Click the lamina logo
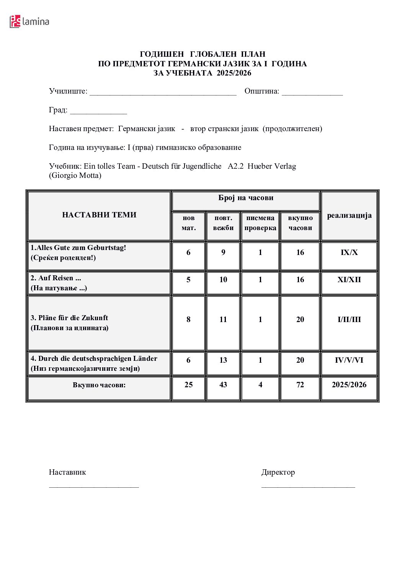[x=29, y=21]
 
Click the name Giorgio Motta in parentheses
[x=75, y=176]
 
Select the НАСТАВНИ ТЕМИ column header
[x=99, y=215]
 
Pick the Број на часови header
[x=246, y=198]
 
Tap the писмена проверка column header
[x=260, y=223]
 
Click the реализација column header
[x=349, y=215]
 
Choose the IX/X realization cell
[x=349, y=252]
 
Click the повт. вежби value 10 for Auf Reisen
[x=223, y=280]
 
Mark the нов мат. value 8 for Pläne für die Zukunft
[x=188, y=319]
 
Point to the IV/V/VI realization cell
[x=349, y=360]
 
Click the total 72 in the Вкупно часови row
[x=300, y=385]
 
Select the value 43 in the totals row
[x=223, y=385]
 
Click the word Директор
[x=278, y=472]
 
